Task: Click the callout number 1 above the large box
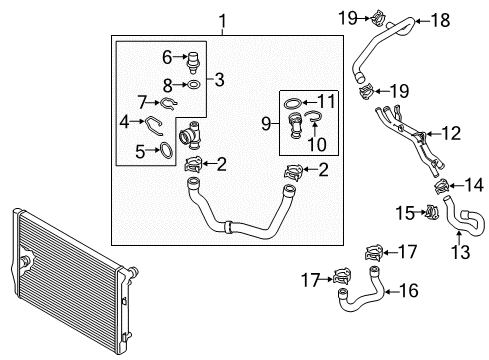click(x=223, y=20)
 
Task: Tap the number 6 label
click(x=167, y=57)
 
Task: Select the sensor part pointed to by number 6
click(x=193, y=62)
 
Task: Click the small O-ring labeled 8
click(x=194, y=85)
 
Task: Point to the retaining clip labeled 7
click(x=168, y=104)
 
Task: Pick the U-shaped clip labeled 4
click(x=153, y=125)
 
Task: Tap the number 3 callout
click(x=219, y=80)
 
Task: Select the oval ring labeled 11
click(x=293, y=104)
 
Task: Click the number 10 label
click(x=317, y=144)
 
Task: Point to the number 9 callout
click(x=266, y=124)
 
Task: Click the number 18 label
click(x=441, y=20)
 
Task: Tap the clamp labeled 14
click(x=443, y=186)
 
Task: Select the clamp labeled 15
click(x=431, y=211)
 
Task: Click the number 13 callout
click(x=461, y=252)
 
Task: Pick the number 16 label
click(x=409, y=290)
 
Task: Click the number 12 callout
click(x=451, y=133)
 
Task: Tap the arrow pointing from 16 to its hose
click(x=391, y=292)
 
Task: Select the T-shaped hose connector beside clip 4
click(x=190, y=136)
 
